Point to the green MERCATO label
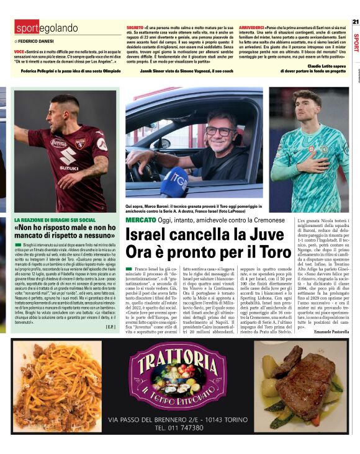(140, 220)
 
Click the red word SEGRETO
(135, 29)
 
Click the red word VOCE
(19, 51)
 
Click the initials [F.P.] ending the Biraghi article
(110, 326)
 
